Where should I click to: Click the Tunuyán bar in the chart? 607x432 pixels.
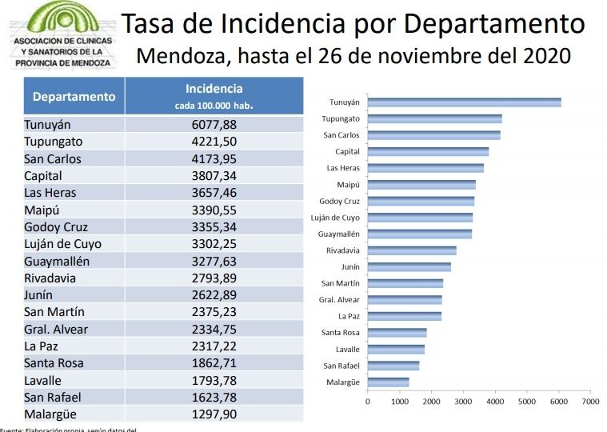[x=464, y=102]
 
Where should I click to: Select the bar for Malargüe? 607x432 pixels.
[x=388, y=382]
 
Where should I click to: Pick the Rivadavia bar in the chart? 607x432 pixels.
[x=412, y=250]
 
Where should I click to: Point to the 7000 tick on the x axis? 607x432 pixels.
[x=590, y=401]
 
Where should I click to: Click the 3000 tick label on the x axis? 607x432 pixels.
[x=463, y=401]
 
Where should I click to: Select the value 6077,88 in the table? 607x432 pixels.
[x=214, y=125]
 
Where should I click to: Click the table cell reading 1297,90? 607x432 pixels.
[x=214, y=414]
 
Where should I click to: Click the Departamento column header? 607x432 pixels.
[x=74, y=97]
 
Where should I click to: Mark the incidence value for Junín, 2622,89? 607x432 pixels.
[x=214, y=294]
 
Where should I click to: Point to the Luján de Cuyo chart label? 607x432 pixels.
[x=335, y=218]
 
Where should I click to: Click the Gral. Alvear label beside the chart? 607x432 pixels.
[x=339, y=300]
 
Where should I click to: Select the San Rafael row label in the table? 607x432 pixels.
[x=53, y=397]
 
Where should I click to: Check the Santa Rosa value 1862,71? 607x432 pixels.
[x=214, y=362]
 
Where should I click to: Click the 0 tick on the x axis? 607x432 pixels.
[x=368, y=401]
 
